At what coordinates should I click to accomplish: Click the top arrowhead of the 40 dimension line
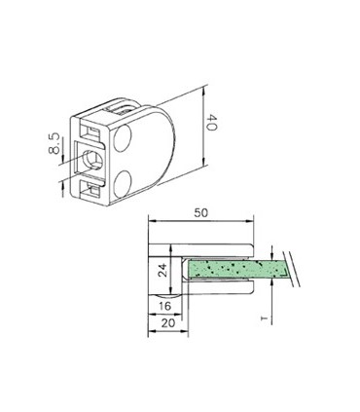pyautogui.click(x=204, y=90)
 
